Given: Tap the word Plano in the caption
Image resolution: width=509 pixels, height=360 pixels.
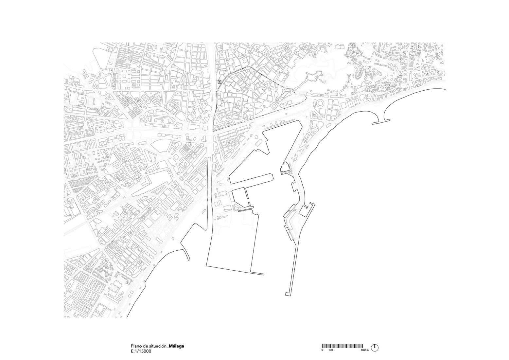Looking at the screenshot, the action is point(136,346).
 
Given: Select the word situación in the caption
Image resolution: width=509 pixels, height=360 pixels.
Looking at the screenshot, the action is point(158,346).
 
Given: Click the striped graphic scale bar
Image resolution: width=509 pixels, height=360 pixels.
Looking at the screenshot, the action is point(342,346).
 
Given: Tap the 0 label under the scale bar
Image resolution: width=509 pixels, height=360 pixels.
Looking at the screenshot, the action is point(322,350).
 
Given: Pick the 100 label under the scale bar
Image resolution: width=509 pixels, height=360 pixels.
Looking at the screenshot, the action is point(330,350).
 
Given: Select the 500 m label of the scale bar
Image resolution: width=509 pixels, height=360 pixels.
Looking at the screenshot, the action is point(364,350).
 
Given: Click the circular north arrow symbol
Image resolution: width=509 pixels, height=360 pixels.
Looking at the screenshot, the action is point(375,348).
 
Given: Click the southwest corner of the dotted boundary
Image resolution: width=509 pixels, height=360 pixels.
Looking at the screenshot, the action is point(213,131).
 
